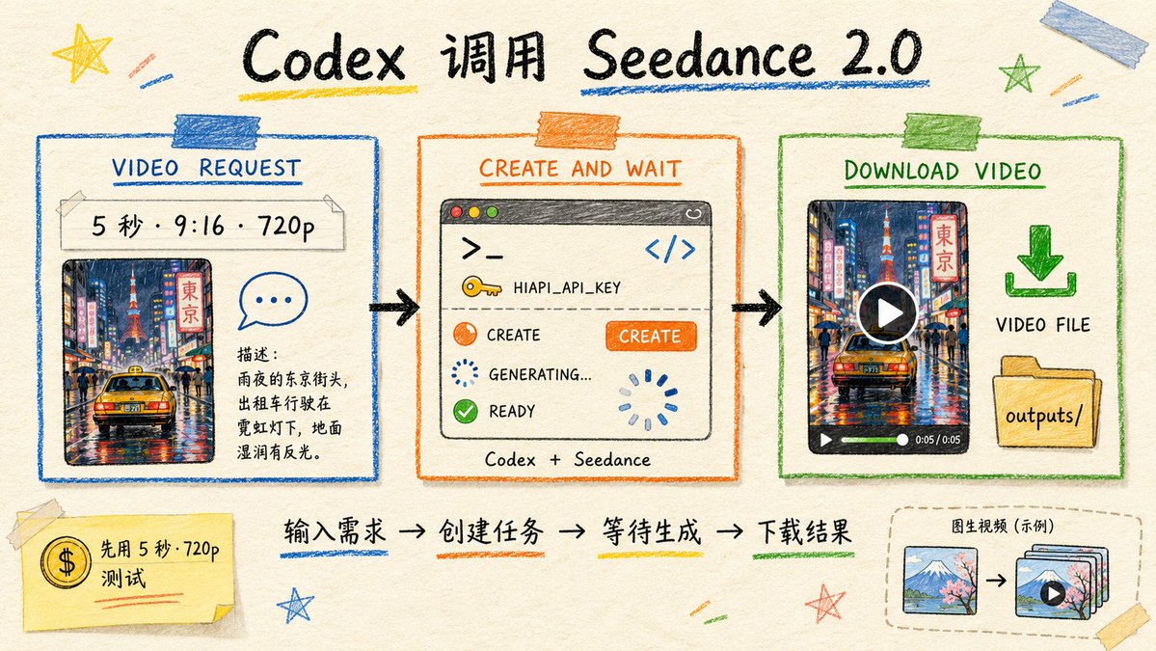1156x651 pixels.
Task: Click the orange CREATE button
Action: [x=651, y=337]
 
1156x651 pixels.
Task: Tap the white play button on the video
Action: [x=888, y=312]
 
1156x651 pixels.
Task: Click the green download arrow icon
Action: [x=1040, y=261]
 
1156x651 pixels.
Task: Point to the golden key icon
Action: [x=481, y=286]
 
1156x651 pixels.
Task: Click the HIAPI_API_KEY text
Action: [x=567, y=287]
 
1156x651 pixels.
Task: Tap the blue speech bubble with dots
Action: [x=272, y=300]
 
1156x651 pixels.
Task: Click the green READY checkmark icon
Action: [x=466, y=411]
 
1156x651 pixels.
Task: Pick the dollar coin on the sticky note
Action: [x=66, y=562]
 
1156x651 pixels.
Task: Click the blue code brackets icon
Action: [x=670, y=249]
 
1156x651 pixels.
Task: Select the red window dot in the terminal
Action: [x=456, y=212]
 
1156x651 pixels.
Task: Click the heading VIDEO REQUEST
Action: [x=206, y=168]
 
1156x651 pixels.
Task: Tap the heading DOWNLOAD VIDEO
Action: [x=943, y=171]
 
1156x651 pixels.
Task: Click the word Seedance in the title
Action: [x=700, y=56]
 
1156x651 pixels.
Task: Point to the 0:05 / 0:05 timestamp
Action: [x=938, y=440]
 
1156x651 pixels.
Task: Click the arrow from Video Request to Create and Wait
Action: [x=394, y=308]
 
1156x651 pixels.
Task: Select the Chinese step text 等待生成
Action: [x=651, y=531]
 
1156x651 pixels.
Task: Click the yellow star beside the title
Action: [x=82, y=52]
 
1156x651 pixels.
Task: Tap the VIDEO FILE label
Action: [x=1042, y=324]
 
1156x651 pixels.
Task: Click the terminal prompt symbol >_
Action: [x=482, y=249]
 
